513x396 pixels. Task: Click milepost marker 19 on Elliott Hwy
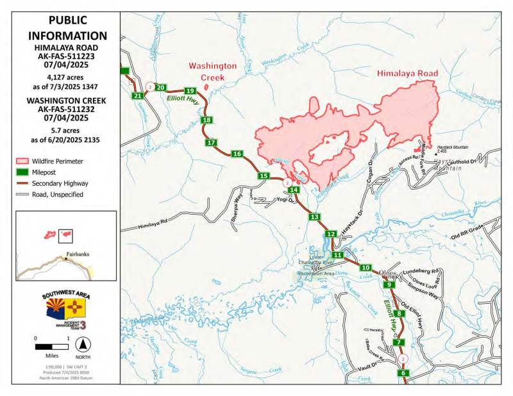(189, 91)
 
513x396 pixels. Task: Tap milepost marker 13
(314, 218)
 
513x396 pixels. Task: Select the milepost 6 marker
(403, 374)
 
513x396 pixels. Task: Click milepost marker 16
(237, 154)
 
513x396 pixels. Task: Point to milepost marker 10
(366, 268)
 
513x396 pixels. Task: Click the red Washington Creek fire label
(213, 71)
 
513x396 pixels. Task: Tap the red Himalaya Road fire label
(407, 74)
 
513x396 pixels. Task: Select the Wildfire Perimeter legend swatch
(23, 161)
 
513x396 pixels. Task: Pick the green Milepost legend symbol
(23, 172)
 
